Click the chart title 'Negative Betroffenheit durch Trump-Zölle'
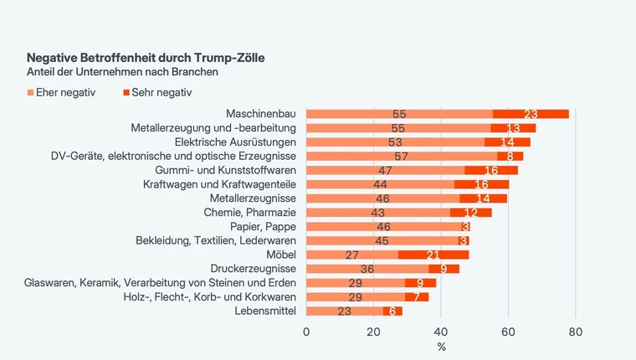(146, 59)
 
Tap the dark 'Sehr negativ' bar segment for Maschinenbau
(531, 114)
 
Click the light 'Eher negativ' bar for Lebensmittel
(344, 311)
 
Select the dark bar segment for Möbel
(433, 255)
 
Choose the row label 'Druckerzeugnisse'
(253, 269)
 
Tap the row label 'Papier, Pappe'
(263, 227)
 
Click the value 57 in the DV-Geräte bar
(400, 156)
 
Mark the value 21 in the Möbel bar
(433, 255)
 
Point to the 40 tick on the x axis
(441, 332)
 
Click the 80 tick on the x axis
(575, 332)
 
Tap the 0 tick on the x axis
(306, 332)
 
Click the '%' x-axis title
(441, 347)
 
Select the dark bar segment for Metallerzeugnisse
(484, 198)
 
